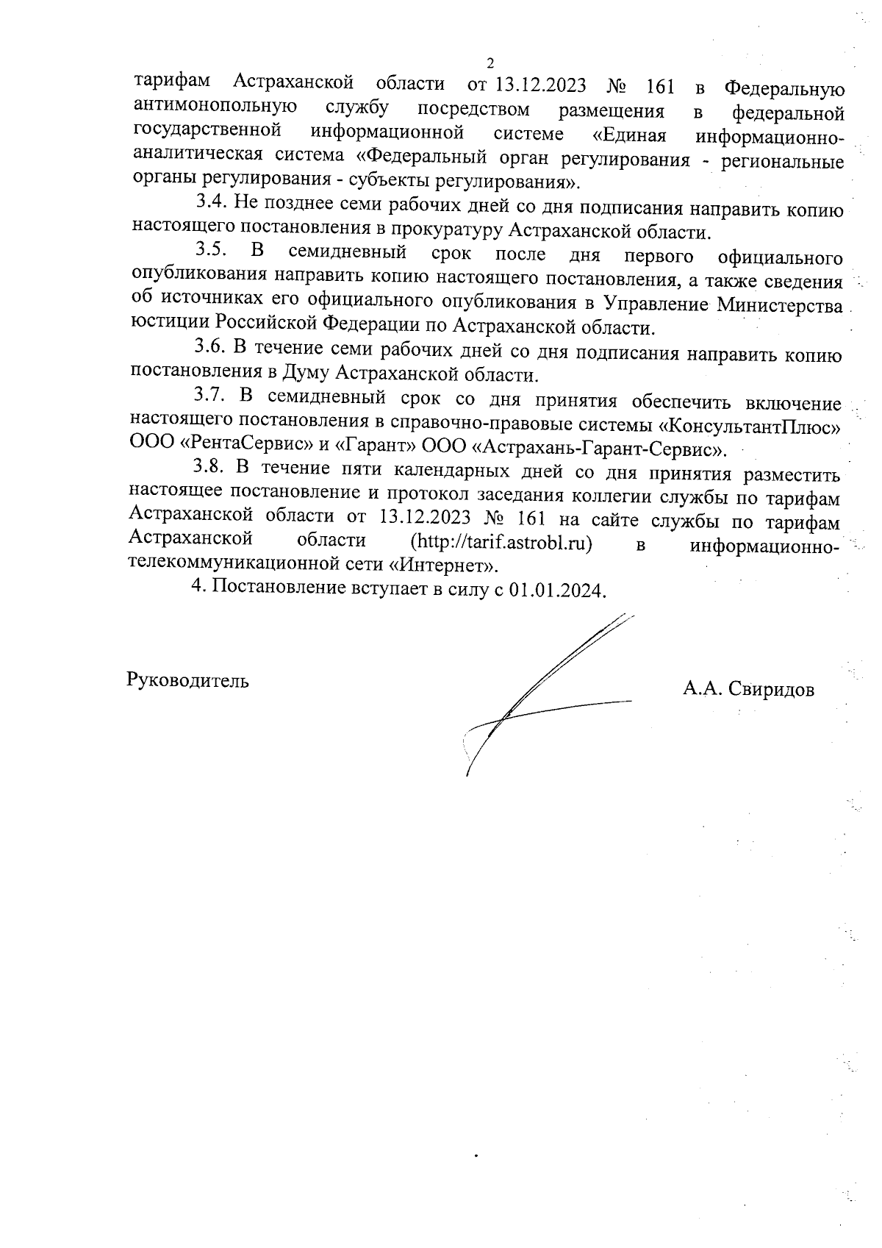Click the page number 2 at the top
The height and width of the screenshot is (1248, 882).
tap(490, 63)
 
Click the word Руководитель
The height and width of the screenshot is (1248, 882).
tap(188, 680)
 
